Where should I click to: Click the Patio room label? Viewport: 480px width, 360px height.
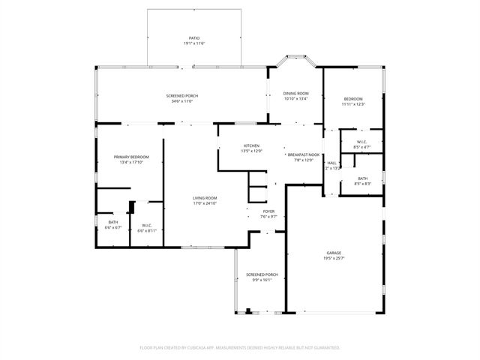click(x=193, y=37)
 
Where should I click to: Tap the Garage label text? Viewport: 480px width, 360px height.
click(x=334, y=253)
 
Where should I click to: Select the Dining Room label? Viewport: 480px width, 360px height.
click(x=296, y=93)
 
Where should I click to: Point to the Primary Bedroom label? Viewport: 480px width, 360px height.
click(x=131, y=157)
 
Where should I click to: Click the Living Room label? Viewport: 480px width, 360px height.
click(x=205, y=197)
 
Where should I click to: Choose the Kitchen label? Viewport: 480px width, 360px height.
click(x=251, y=145)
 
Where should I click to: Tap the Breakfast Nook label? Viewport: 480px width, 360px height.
click(x=304, y=154)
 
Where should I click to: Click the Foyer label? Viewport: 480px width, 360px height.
click(x=268, y=211)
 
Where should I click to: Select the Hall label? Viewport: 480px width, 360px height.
click(x=331, y=163)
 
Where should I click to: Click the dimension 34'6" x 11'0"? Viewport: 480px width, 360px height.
click(x=182, y=101)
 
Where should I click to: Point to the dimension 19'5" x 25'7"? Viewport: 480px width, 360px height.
click(x=334, y=259)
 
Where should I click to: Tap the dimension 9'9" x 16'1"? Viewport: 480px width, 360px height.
click(x=262, y=280)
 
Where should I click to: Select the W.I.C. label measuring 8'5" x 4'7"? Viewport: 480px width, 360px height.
click(x=362, y=147)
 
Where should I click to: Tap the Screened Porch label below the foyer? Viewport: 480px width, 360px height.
click(x=262, y=274)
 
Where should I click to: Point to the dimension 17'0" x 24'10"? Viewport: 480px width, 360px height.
click(x=205, y=203)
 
